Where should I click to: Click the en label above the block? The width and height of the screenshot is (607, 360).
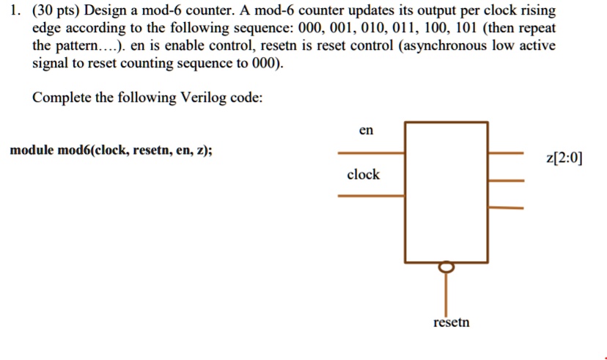pyautogui.click(x=367, y=131)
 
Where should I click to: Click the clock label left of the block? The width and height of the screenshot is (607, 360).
pyautogui.click(x=363, y=175)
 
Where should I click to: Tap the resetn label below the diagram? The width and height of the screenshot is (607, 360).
pyautogui.click(x=451, y=323)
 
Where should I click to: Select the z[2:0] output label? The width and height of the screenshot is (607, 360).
pyautogui.click(x=564, y=158)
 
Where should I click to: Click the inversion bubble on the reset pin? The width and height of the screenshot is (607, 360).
pyautogui.click(x=447, y=268)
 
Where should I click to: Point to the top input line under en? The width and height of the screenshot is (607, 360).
pyautogui.click(x=370, y=153)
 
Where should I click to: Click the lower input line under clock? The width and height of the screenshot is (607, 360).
pyautogui.click(x=370, y=195)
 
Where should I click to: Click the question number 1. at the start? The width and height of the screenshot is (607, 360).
pyautogui.click(x=14, y=12)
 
